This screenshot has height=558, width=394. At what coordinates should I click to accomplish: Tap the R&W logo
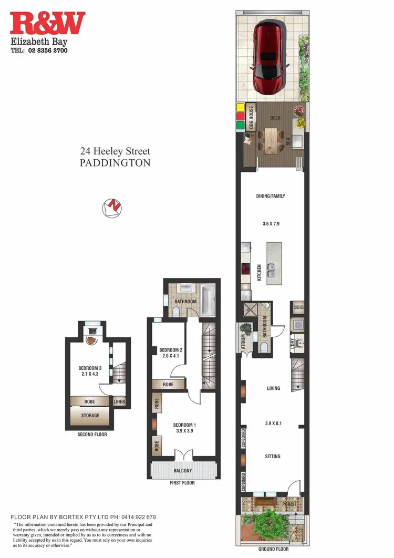[47, 24]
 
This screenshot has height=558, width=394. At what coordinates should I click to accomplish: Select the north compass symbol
[112, 208]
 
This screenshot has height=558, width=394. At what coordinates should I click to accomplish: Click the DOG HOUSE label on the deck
[252, 118]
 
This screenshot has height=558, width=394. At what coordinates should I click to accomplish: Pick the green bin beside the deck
[240, 126]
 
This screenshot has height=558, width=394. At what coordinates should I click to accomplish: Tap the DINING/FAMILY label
[271, 196]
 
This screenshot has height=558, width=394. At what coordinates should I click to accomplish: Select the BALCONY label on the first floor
[183, 471]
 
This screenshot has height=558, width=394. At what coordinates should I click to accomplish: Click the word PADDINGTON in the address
[115, 163]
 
